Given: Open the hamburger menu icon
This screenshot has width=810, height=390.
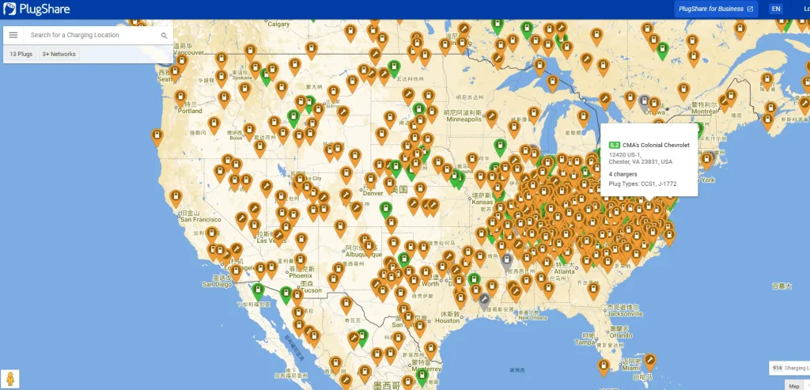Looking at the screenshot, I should point(13,35).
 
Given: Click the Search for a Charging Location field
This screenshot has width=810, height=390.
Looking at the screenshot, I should point(91,35).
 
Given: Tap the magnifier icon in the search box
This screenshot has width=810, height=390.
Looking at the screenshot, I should point(164,36).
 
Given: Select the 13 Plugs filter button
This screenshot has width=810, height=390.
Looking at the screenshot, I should point(21,54).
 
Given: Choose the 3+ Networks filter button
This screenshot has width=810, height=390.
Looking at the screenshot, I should point(59,54).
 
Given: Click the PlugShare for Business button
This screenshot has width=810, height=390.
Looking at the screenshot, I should point(715,9).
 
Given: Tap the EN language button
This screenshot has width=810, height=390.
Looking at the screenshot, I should point(776,9).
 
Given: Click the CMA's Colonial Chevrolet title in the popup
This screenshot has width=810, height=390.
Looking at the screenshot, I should point(656,146).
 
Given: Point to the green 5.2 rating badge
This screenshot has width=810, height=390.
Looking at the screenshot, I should point(614,146).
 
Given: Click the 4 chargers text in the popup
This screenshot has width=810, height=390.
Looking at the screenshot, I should point(623,173).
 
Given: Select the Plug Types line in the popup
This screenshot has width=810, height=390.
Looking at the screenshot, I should point(642,184).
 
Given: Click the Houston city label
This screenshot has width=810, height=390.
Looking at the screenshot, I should point(447,320).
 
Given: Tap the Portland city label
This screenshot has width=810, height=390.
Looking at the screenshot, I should point(190,111).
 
